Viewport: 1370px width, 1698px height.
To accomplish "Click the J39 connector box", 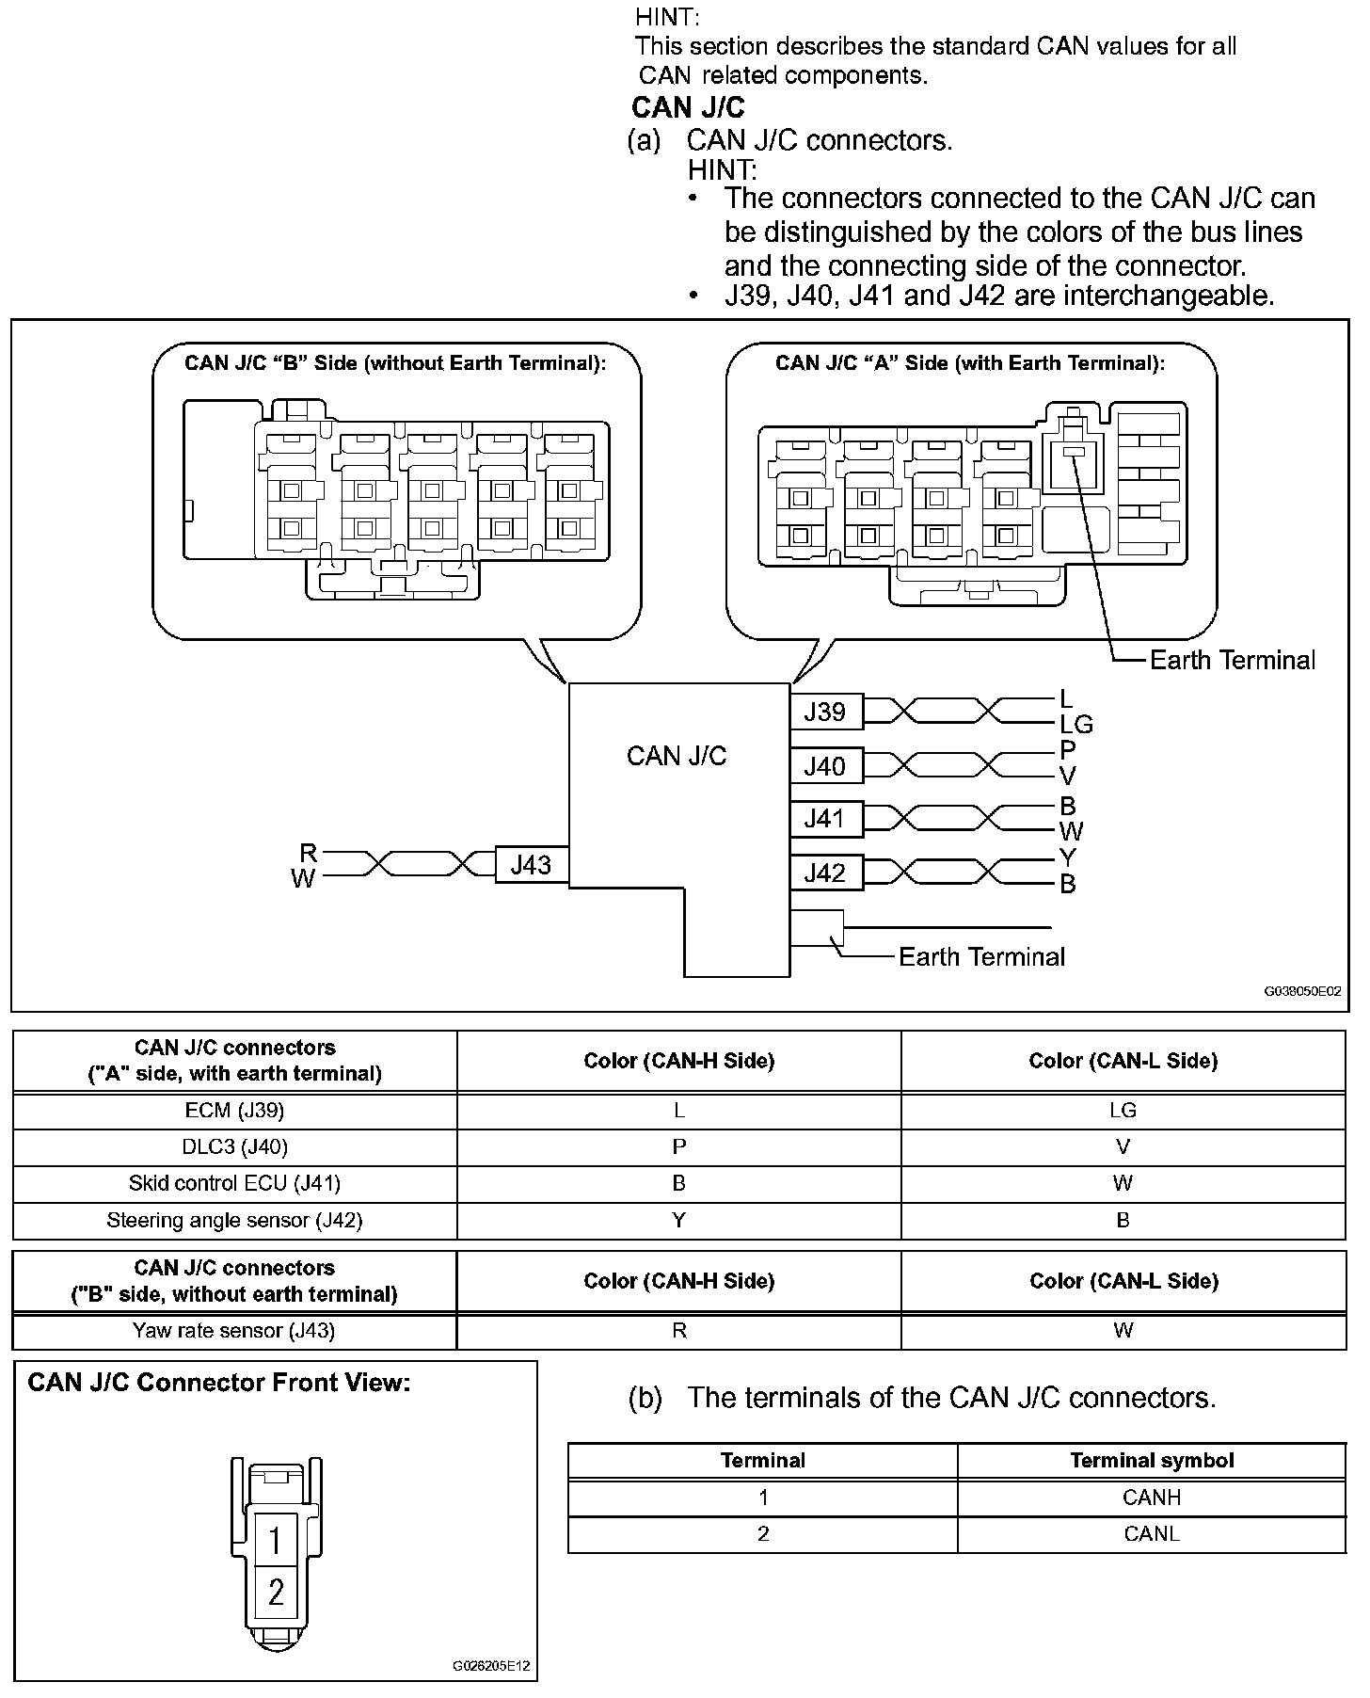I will pos(825,712).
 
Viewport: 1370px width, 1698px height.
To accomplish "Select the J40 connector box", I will pos(825,766).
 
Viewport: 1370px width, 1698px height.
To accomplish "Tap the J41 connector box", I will pos(825,819).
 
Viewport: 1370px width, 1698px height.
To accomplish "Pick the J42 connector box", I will pos(825,873).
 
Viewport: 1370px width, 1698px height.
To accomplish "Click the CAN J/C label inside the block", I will pos(677,756).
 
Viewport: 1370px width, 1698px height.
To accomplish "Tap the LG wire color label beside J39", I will pos(1075,724).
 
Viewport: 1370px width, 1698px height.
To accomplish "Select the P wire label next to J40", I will pos(1067,750).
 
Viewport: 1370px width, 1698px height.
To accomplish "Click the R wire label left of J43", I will pos(309,853).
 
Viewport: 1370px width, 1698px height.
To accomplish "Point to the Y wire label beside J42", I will pos(1067,857).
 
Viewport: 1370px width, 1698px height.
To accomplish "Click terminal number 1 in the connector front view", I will pos(276,1541).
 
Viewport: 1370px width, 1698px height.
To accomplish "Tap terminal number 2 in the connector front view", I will pos(276,1592).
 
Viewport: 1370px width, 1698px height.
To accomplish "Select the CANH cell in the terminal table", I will pos(1152,1497).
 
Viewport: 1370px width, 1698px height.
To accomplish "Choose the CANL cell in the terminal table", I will pos(1152,1533).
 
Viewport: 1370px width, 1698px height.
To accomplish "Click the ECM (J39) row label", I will pos(234,1110).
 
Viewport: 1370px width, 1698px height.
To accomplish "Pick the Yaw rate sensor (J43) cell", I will pos(234,1330).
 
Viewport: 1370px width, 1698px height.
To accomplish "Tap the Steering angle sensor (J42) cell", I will pos(234,1220).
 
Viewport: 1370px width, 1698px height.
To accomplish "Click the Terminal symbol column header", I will pos(1152,1460).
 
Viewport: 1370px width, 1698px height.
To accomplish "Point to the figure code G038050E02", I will pos(1302,991).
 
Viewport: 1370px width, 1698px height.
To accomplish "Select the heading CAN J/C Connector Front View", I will pos(219,1383).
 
